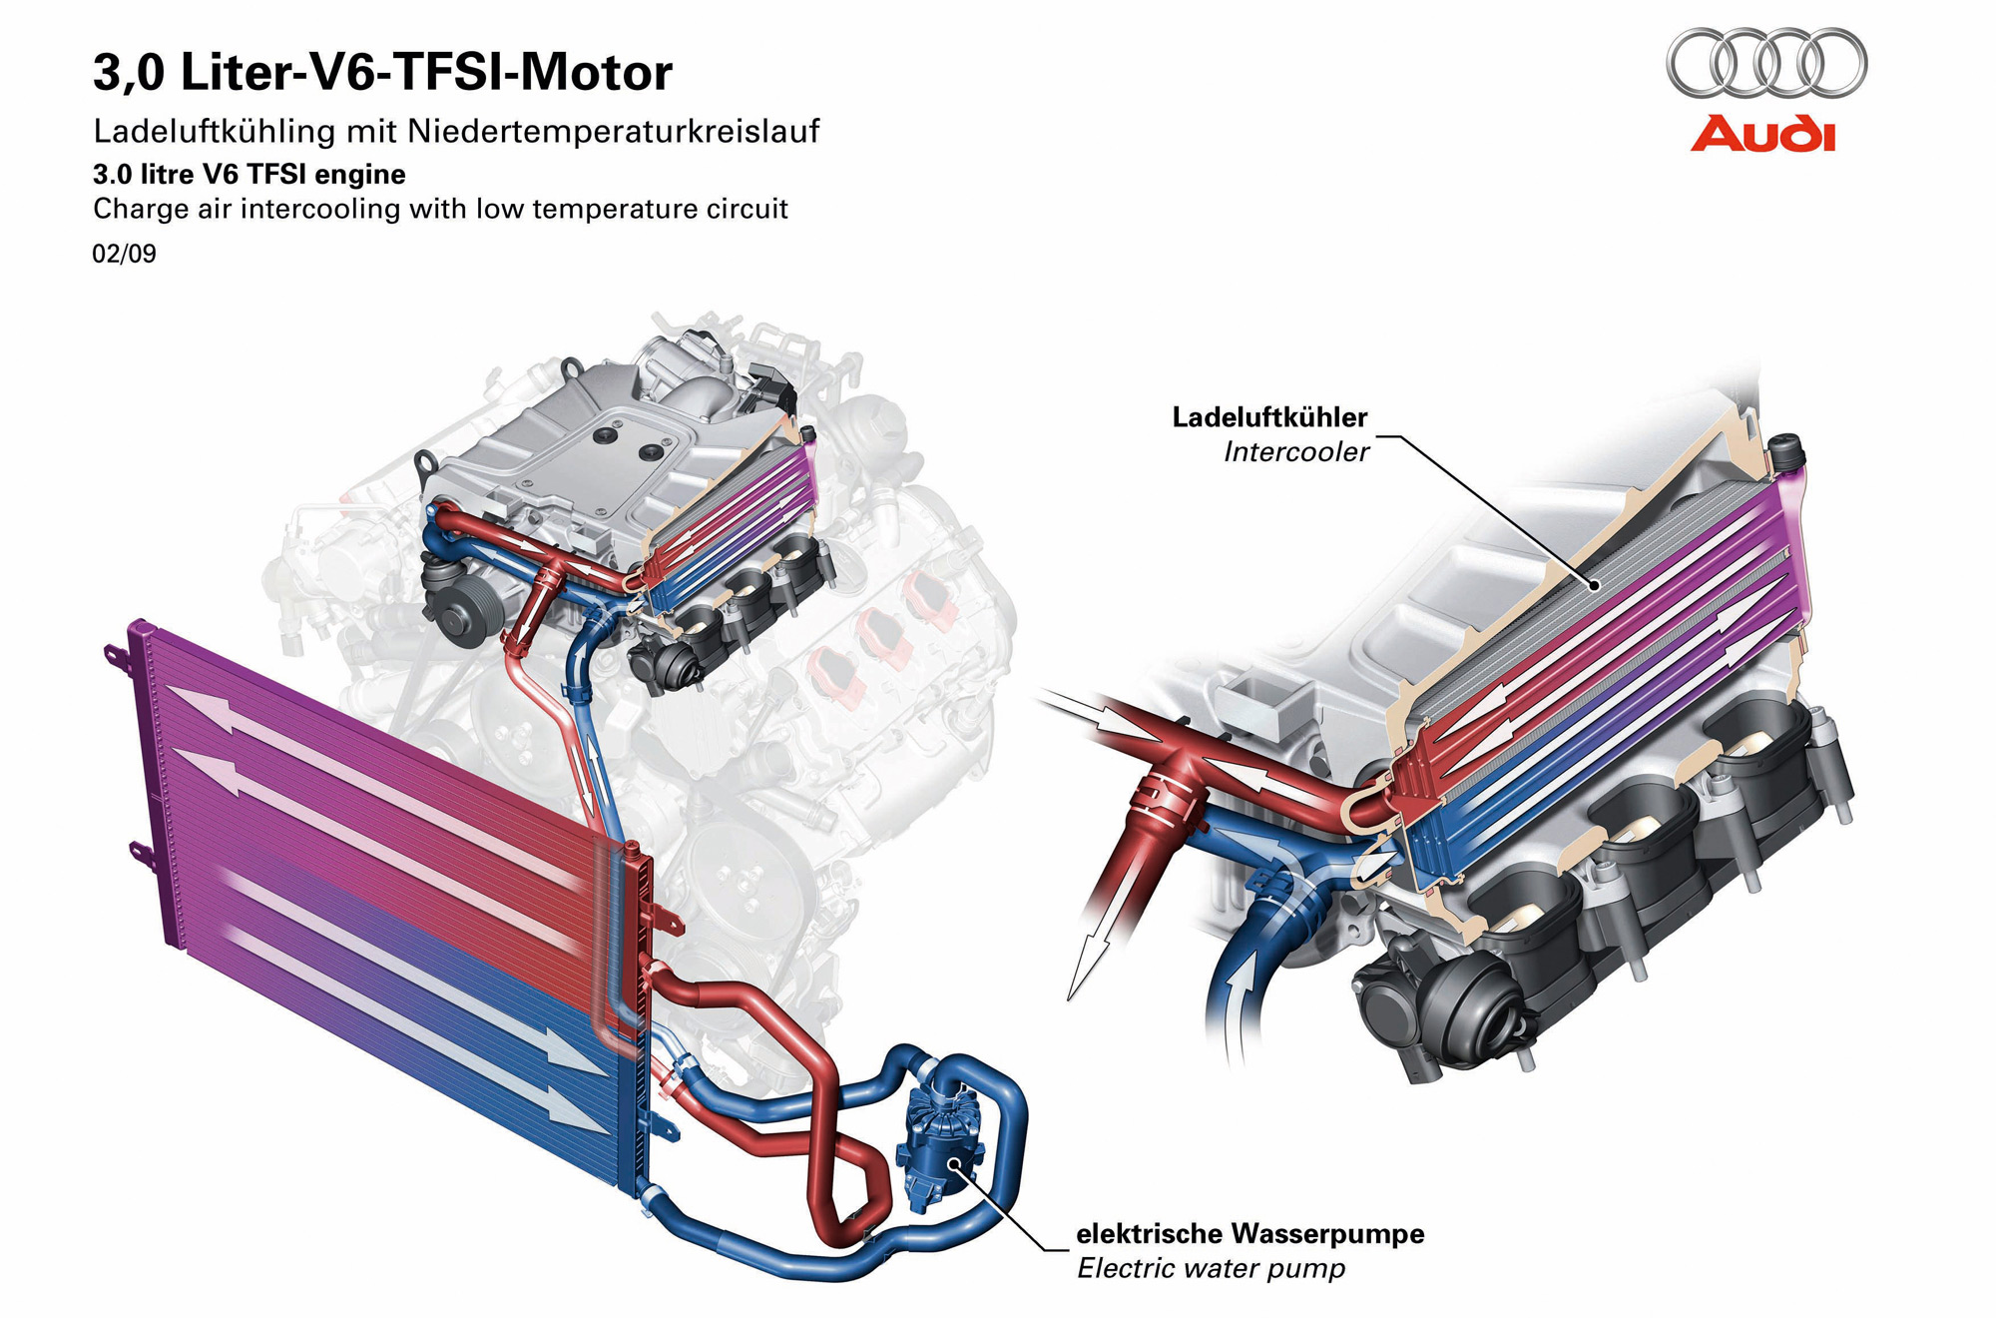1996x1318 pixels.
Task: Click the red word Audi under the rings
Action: coord(1763,135)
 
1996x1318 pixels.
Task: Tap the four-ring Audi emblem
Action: coord(1765,62)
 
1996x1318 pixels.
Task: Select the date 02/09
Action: coord(124,254)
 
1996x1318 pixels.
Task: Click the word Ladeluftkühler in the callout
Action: coord(1269,417)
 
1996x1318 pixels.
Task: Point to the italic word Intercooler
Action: coord(1296,452)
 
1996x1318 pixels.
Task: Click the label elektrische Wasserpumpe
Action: coord(1249,1234)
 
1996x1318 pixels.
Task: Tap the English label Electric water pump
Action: coord(1211,1269)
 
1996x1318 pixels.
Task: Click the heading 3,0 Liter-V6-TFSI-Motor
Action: coord(382,72)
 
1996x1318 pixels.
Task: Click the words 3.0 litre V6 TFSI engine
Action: coord(249,175)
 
